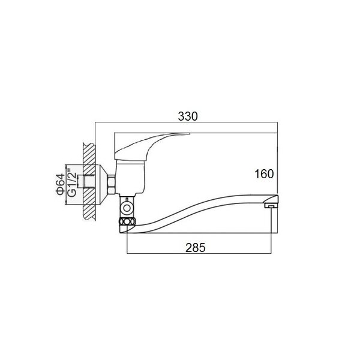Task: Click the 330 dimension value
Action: pos(188,116)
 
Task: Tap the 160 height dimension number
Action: pos(264,174)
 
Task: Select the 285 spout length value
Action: pos(196,247)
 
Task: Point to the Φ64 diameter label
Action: pos(61,184)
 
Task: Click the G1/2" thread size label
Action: pos(72,183)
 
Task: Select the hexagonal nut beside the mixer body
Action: pos(112,185)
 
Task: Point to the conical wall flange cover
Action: pos(101,185)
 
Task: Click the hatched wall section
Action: pos(89,182)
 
